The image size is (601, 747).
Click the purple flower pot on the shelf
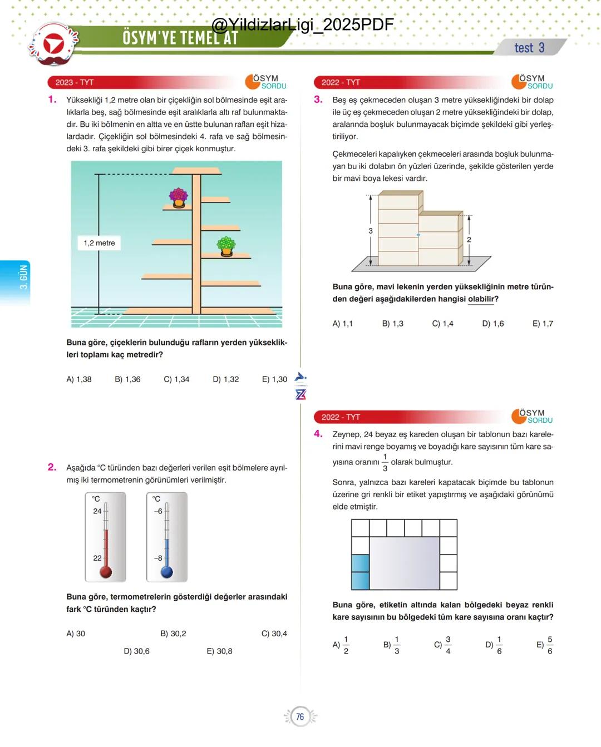pos(179,197)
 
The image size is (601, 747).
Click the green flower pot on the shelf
pos(226,246)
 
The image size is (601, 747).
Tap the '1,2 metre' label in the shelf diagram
pos(99,243)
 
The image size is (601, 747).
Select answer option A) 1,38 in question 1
pos(79,379)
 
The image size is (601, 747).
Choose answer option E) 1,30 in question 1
pos(274,379)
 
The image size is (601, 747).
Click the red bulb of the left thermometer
pos(106,571)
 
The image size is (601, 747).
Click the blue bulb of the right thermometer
pos(166,571)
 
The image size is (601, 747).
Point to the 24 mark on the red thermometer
pos(98,511)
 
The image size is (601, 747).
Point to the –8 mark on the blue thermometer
pos(158,558)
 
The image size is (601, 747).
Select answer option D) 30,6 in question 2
pos(136,651)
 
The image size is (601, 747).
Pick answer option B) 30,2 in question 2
pos(173,634)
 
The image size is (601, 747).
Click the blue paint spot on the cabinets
pos(418,235)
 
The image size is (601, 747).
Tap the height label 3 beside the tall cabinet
pos(371,231)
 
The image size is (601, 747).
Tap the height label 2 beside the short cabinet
pos(469,240)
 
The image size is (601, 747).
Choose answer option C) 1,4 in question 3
pos(442,324)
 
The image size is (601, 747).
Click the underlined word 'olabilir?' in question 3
pos(483,299)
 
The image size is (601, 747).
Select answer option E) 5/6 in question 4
pos(545,645)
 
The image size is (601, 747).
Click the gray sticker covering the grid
pos(405,562)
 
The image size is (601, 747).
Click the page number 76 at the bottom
pos(300,716)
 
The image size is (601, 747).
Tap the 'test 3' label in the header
pos(529,48)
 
